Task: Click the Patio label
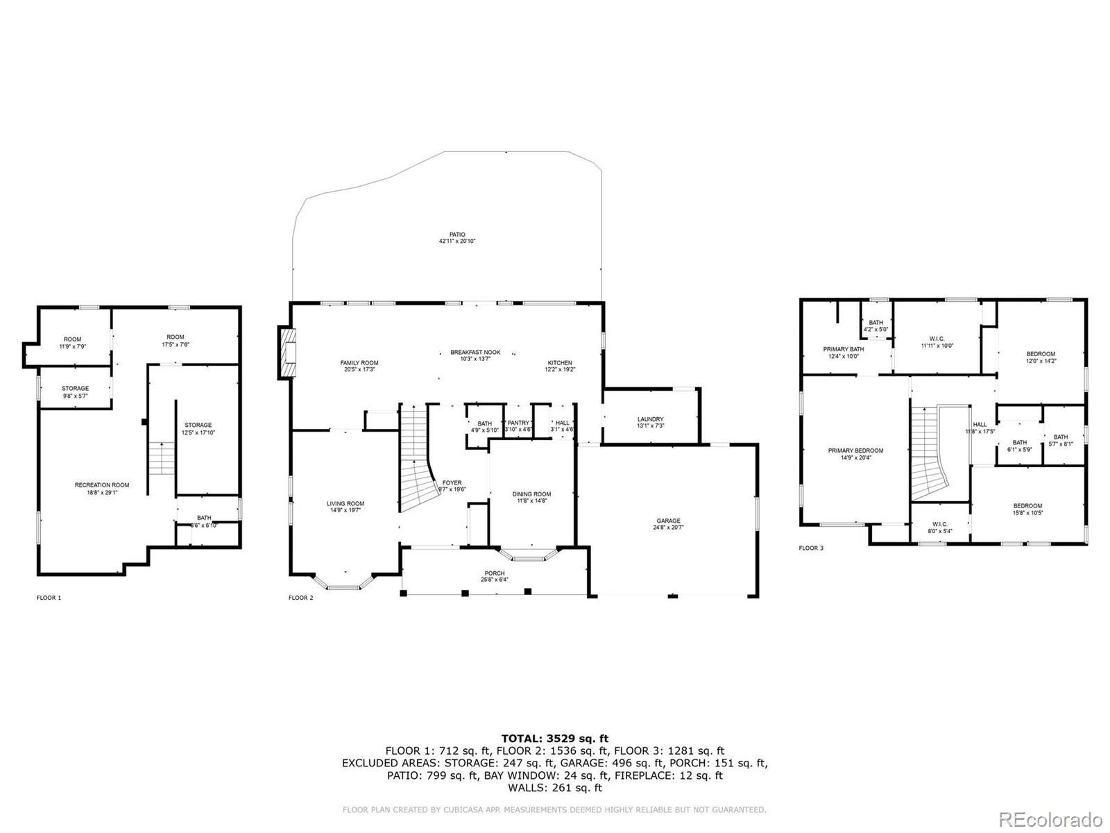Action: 456,237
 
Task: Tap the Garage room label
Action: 669,524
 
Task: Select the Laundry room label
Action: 650,422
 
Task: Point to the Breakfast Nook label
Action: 475,355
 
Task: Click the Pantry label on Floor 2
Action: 518,426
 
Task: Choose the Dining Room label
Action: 531,497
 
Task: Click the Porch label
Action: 494,576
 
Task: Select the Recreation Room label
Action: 102,488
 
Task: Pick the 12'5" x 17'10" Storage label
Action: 198,428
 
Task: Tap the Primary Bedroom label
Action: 855,453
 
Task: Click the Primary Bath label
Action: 844,352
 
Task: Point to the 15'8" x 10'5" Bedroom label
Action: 1027,509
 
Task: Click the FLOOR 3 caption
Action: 811,548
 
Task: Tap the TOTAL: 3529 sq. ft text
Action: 554,738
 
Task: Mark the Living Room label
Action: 345,507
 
